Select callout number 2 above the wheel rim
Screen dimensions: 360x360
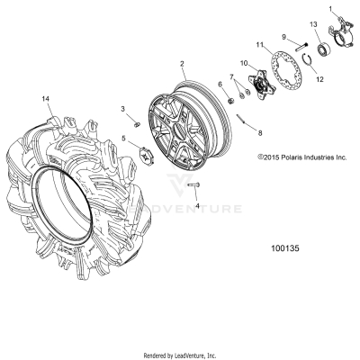coord(182,65)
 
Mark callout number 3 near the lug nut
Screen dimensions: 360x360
coord(124,109)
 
